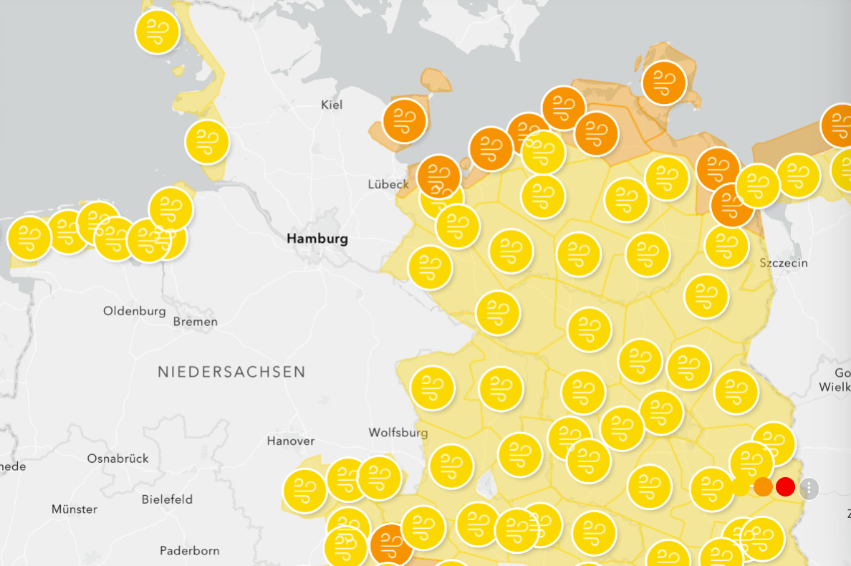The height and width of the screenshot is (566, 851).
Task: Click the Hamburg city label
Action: pyautogui.click(x=317, y=239)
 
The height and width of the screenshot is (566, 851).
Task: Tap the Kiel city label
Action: pyautogui.click(x=332, y=105)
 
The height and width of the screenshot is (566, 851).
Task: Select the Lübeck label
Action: pyautogui.click(x=388, y=183)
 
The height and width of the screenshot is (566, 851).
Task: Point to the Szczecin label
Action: pyautogui.click(x=784, y=263)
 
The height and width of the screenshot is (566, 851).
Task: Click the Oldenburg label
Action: pyautogui.click(x=135, y=311)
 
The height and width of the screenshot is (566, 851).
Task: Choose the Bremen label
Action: pyautogui.click(x=196, y=322)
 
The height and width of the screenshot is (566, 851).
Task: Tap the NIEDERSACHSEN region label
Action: pyautogui.click(x=231, y=372)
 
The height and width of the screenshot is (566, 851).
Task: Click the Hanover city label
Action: pyautogui.click(x=290, y=441)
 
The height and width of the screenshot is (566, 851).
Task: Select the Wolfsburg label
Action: pyautogui.click(x=398, y=432)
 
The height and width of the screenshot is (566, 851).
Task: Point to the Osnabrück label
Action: pyautogui.click(x=117, y=458)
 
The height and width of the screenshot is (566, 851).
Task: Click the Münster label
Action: pyautogui.click(x=74, y=509)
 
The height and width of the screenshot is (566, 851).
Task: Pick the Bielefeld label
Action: pyautogui.click(x=167, y=499)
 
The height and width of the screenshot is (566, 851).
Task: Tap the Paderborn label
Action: pyautogui.click(x=189, y=550)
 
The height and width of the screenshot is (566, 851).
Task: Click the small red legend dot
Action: pyautogui.click(x=785, y=487)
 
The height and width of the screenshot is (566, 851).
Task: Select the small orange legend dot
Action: pyautogui.click(x=763, y=487)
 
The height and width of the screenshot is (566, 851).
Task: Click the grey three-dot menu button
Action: pyautogui.click(x=809, y=489)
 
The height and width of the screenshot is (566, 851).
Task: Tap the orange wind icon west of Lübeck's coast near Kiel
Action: pyautogui.click(x=405, y=120)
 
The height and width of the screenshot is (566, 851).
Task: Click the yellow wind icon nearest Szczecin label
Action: pyautogui.click(x=726, y=246)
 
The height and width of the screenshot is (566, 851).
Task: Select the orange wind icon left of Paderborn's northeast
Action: pyautogui.click(x=391, y=545)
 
